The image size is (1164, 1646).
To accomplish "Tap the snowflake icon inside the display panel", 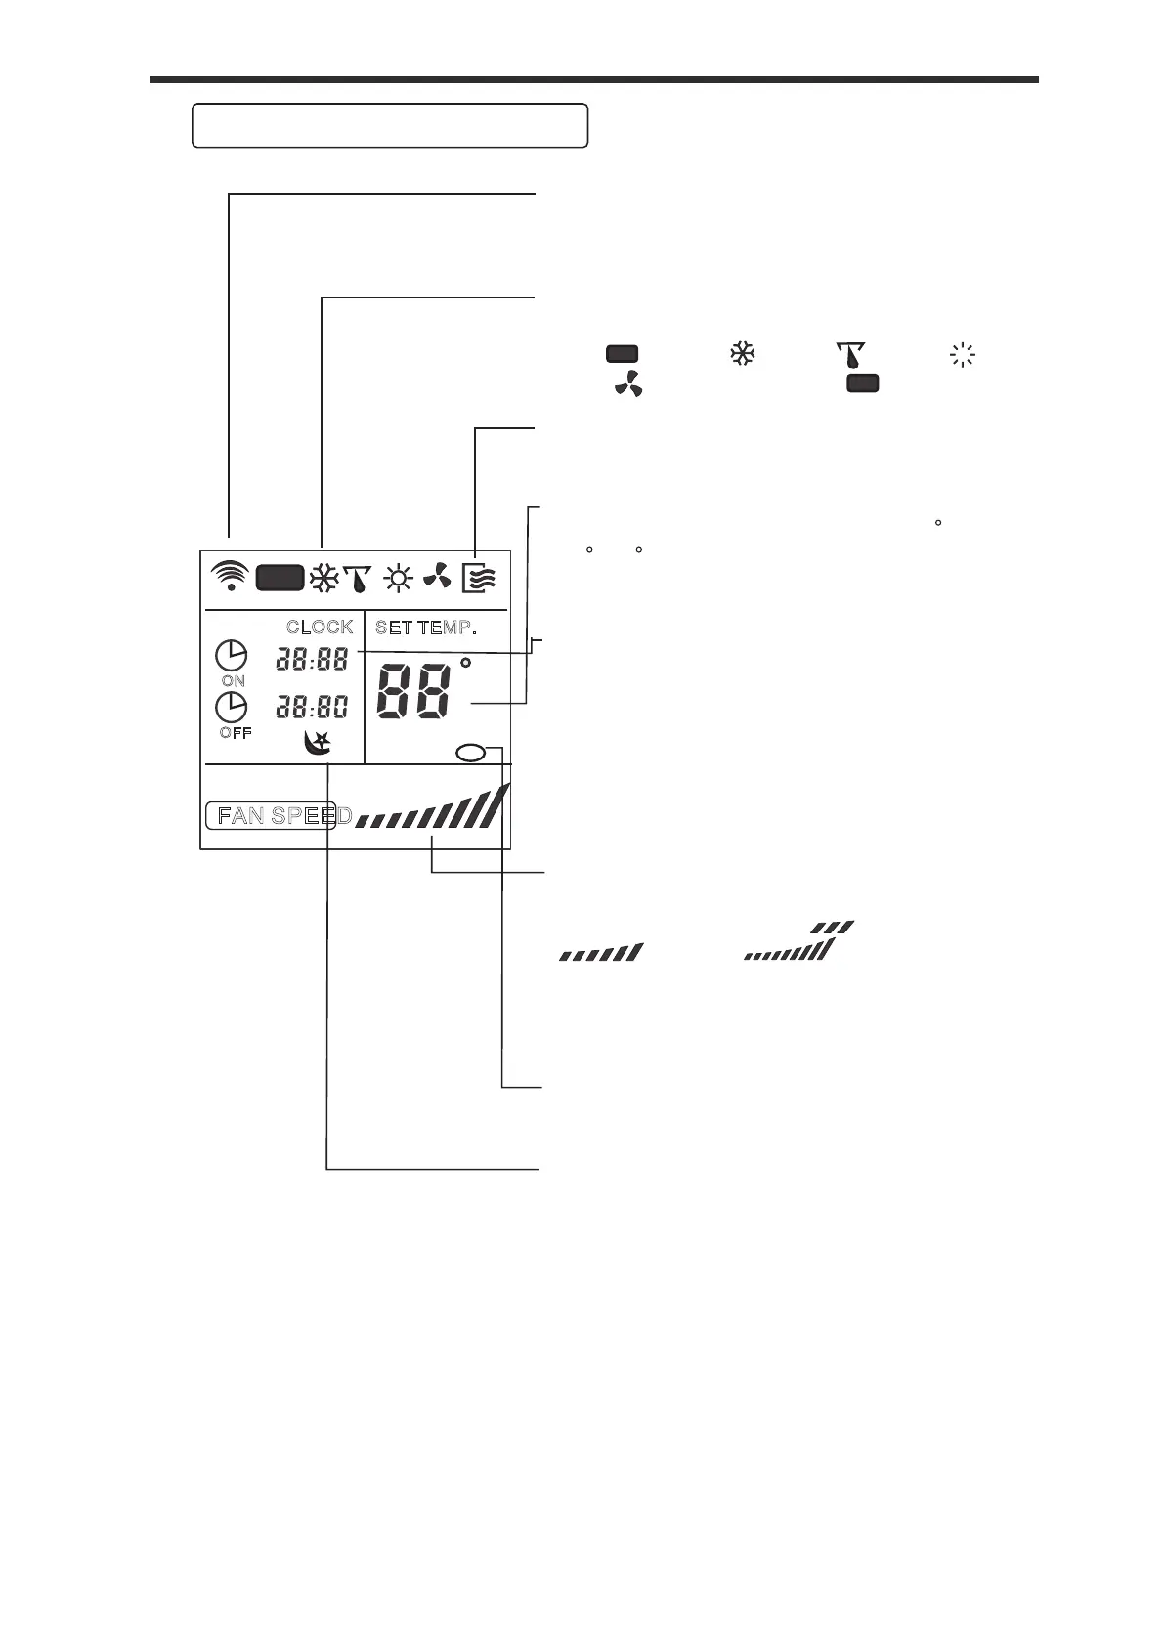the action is point(323,579).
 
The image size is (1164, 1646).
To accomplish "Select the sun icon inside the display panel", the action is point(398,579).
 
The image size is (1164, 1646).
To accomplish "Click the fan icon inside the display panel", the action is point(437,578).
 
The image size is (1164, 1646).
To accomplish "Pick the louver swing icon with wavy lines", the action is point(480,578).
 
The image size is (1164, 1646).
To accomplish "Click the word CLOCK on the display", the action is point(320,628).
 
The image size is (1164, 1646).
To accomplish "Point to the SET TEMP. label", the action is point(425,628).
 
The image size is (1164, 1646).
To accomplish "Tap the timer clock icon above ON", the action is point(232,655).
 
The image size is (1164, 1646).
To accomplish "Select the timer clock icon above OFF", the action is point(232,707).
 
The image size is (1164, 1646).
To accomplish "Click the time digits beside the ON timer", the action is point(312,659).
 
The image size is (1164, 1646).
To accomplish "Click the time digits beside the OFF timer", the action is point(312,706).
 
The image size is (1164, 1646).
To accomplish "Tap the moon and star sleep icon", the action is point(318,744).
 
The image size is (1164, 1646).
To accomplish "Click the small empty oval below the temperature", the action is point(471,752).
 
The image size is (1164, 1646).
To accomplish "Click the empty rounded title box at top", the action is point(390,125).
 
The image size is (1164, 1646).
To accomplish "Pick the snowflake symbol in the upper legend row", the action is point(743,355).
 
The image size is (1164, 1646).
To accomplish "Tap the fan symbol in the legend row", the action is point(628,386).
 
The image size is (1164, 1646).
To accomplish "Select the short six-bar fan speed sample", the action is point(601,952).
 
